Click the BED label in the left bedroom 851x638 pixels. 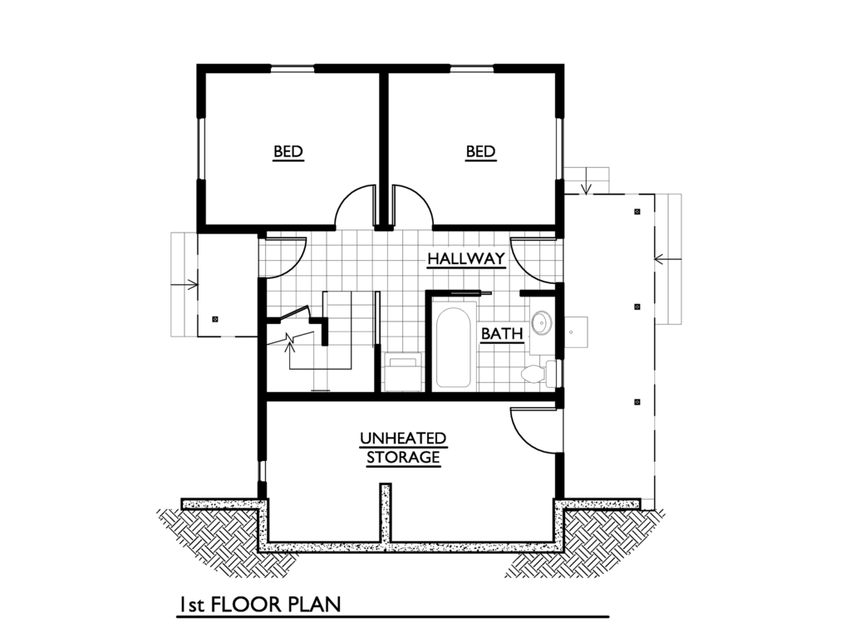(x=288, y=151)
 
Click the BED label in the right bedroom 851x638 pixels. (x=480, y=151)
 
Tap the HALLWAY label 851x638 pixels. (x=466, y=258)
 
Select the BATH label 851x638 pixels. (x=503, y=333)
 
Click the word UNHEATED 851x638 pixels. (x=403, y=438)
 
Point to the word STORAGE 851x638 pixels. (x=403, y=457)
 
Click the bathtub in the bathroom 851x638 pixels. (x=454, y=347)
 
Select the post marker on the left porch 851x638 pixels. (x=214, y=318)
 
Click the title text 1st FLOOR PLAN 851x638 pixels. (x=259, y=605)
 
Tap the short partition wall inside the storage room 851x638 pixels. (x=385, y=514)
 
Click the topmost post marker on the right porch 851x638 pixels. (x=637, y=211)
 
